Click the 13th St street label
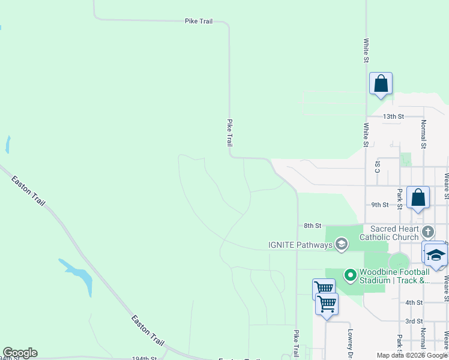pos(394,116)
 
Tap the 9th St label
pos(380,205)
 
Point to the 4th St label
pos(414,302)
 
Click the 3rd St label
pos(414,321)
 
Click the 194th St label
pos(144,358)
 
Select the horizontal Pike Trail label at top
pos(199,21)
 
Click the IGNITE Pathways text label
pos(300,245)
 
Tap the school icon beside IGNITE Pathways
pos(341,244)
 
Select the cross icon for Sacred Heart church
pos(427,232)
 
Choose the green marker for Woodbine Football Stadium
pos(351,275)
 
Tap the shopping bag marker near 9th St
pos(418,197)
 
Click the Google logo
pos(20,353)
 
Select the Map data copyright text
pos(411,355)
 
